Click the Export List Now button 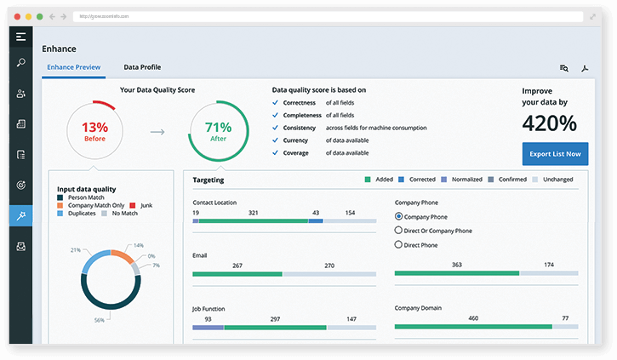554,154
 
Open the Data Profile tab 142,67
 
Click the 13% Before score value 95,127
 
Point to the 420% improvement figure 549,123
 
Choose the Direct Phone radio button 399,245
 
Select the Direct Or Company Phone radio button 399,231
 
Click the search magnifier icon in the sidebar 20,63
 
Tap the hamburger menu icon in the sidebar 20,37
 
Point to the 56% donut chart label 100,320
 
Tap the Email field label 201,254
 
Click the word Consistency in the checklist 300,128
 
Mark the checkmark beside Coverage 275,153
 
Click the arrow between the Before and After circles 157,132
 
